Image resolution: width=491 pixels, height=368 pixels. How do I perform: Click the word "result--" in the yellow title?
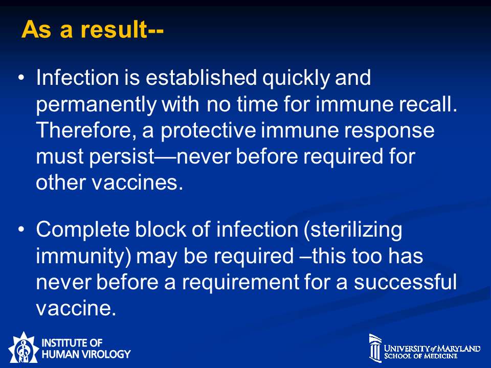tap(122, 30)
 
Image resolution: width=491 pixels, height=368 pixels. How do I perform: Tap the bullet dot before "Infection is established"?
tap(21, 77)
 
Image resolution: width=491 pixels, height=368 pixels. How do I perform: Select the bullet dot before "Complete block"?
tap(21, 229)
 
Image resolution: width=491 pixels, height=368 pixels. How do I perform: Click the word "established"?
tap(202, 77)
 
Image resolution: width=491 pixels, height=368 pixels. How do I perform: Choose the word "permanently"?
tap(97, 105)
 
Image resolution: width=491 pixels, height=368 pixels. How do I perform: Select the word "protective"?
tap(208, 131)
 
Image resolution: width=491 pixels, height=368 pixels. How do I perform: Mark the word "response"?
tap(389, 131)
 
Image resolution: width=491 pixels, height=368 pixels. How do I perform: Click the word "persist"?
tap(122, 157)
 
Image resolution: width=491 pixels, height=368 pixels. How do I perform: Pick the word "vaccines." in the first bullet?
tap(138, 183)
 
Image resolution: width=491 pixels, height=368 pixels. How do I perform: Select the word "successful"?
tap(405, 282)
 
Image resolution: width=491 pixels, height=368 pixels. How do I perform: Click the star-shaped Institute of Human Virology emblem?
tap(24, 348)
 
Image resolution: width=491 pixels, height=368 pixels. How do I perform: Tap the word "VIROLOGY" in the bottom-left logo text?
tap(106, 354)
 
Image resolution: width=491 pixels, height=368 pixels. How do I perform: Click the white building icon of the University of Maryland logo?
tap(375, 348)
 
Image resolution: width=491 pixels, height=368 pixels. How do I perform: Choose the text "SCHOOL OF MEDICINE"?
tap(421, 356)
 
